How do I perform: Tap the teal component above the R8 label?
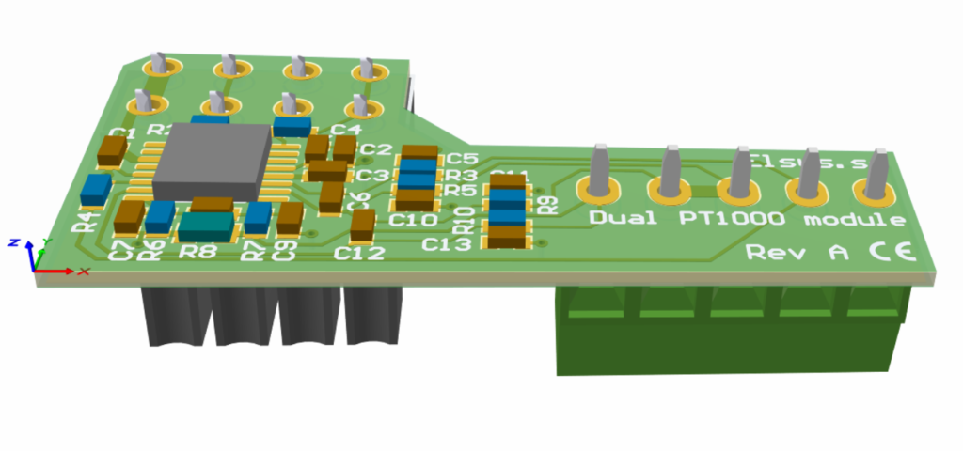point(205,225)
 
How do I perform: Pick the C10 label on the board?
point(413,221)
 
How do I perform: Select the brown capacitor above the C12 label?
point(362,225)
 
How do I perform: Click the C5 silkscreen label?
point(464,158)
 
